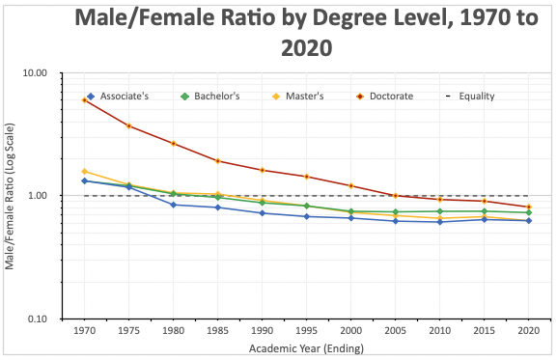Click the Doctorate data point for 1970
[85, 100]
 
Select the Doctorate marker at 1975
[129, 125]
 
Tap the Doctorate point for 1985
[218, 161]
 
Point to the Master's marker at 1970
[85, 171]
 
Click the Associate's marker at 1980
[174, 205]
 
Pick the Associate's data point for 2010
[440, 222]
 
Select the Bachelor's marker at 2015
[485, 211]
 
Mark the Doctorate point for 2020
[529, 207]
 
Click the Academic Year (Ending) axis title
[305, 347]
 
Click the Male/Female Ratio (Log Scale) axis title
[11, 196]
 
